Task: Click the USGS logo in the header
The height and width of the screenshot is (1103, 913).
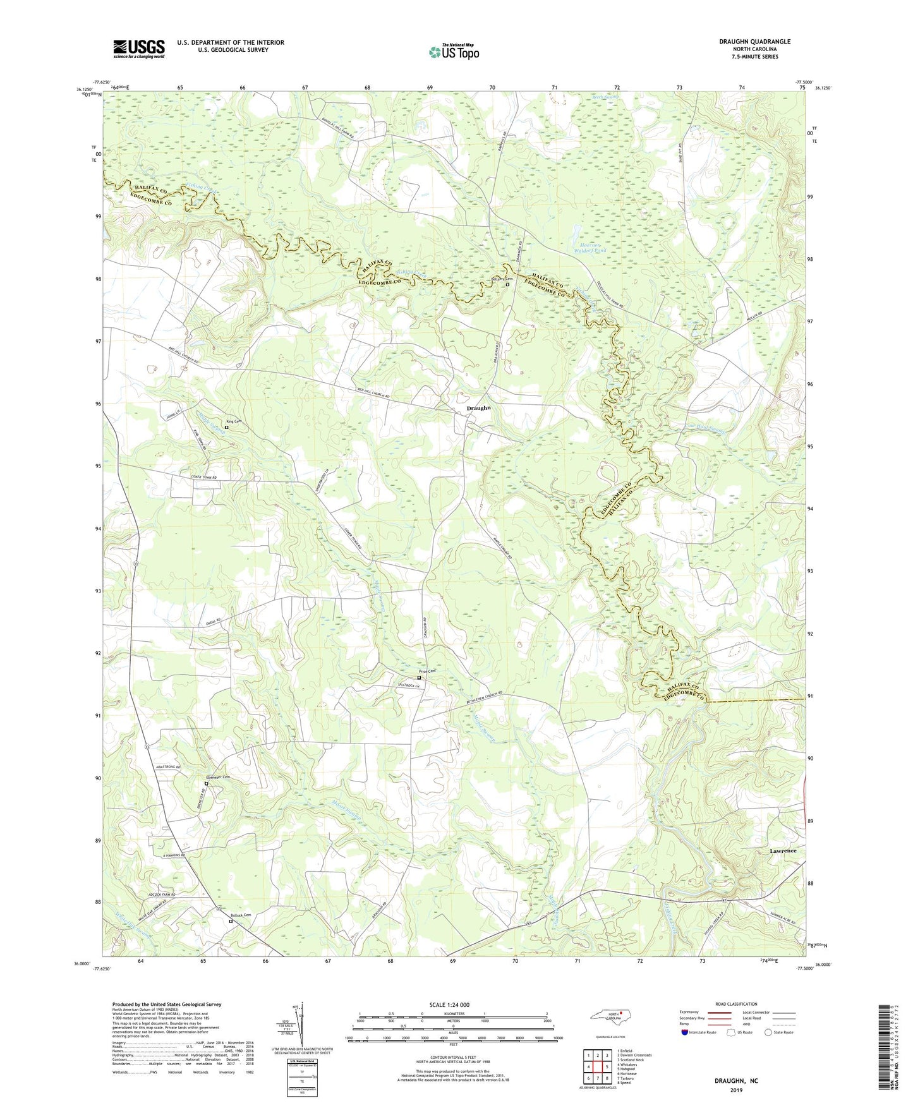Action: point(139,49)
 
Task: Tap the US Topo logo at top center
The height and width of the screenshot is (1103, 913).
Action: point(454,52)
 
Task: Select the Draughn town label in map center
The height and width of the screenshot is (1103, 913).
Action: point(478,408)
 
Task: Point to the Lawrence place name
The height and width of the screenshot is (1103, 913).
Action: point(783,851)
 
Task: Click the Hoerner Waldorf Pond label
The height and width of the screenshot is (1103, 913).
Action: point(589,247)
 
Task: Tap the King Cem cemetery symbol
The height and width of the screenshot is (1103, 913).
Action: point(227,428)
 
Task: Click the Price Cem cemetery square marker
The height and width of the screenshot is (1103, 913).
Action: point(419,678)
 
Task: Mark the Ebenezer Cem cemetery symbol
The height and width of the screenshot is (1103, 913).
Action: point(206,784)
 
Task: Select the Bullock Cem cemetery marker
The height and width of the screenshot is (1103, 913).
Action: point(231,921)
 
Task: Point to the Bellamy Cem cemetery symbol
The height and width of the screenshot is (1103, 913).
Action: point(507,284)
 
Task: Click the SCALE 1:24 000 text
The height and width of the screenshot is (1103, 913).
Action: point(449,1004)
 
